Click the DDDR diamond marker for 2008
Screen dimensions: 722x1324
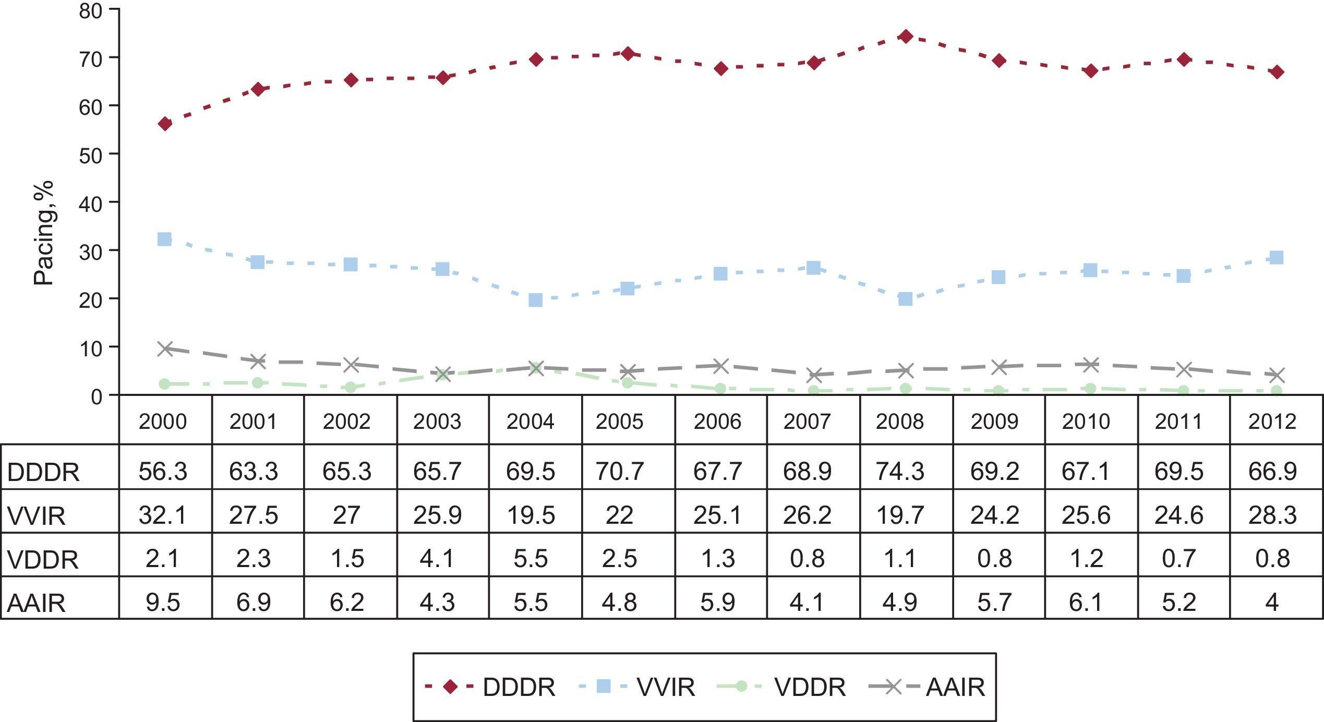tap(906, 36)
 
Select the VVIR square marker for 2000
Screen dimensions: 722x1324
tap(164, 239)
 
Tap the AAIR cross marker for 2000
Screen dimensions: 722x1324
tap(165, 348)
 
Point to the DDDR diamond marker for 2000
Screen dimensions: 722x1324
tap(165, 124)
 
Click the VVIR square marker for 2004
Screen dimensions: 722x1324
tap(535, 300)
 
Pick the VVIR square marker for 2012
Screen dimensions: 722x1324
tap(1277, 257)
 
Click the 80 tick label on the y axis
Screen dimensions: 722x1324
tap(91, 11)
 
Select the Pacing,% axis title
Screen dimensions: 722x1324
tap(44, 233)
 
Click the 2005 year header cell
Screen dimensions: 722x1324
tap(620, 422)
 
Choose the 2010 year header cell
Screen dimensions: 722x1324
tap(1086, 422)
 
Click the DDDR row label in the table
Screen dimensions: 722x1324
tap(43, 472)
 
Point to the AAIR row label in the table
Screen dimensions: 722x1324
tap(37, 603)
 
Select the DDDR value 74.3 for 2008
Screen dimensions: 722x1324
tap(900, 471)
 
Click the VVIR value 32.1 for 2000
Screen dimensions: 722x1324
tap(163, 515)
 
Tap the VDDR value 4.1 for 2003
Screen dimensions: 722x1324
tap(437, 559)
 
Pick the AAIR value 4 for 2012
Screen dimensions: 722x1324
tap(1272, 603)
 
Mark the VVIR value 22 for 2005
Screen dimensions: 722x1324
tap(620, 515)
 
